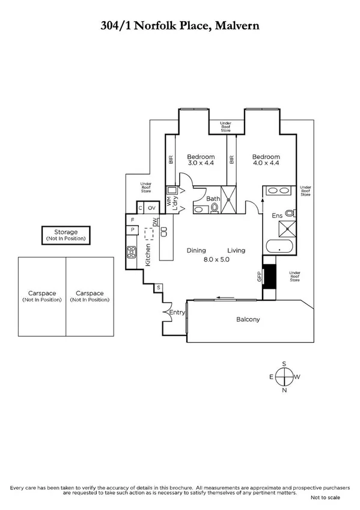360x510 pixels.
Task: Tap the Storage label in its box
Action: [66, 232]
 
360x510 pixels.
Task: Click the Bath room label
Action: [213, 198]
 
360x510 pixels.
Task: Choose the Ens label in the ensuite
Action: [277, 215]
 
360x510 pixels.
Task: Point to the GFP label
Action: [260, 276]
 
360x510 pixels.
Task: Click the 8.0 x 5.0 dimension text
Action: [215, 259]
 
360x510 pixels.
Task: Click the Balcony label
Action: [247, 319]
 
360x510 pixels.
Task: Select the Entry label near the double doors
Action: [177, 312]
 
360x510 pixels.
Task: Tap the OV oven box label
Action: [151, 208]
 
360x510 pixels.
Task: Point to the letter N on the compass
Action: [284, 390]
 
